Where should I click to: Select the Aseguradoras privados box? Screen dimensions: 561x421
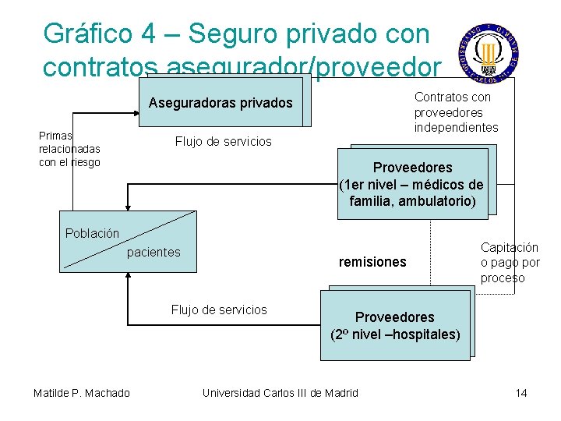tap(221, 102)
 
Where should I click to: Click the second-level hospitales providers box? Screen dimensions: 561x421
tap(395, 326)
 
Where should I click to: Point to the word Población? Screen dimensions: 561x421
tap(92, 233)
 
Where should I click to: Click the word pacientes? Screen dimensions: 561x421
tap(153, 252)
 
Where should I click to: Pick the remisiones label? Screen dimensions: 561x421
tap(372, 262)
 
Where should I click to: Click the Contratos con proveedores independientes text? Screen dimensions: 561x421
tap(456, 112)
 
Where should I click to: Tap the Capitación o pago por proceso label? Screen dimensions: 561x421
tap(510, 263)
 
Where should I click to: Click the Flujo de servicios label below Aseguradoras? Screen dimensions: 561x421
tap(223, 141)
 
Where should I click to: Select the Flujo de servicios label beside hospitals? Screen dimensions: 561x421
tap(219, 310)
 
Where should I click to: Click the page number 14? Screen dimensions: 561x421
tap(521, 392)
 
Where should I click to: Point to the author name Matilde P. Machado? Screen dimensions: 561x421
tap(82, 392)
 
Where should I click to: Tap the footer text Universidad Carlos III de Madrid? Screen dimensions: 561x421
tap(280, 392)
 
